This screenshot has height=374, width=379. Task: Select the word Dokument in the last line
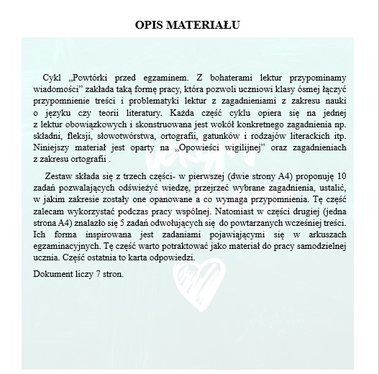(x=55, y=274)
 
